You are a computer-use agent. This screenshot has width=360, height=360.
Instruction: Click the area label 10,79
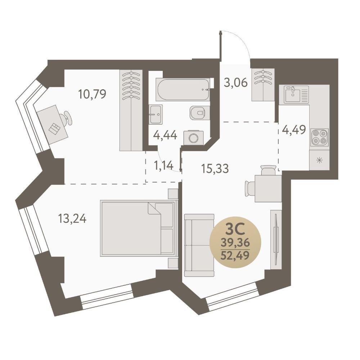[x=92, y=94]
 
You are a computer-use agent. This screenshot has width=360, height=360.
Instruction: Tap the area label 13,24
[x=72, y=219]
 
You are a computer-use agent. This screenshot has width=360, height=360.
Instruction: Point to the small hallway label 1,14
[x=163, y=165]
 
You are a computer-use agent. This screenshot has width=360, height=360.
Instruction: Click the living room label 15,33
[x=215, y=168]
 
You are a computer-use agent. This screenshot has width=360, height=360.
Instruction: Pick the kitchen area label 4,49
[x=294, y=130]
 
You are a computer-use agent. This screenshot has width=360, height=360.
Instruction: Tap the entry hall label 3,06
[x=236, y=82]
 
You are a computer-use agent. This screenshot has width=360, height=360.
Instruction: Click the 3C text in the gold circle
[x=235, y=230]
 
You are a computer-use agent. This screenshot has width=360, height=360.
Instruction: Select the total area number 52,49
[x=235, y=255]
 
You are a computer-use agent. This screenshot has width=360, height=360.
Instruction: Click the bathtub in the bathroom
[x=183, y=90]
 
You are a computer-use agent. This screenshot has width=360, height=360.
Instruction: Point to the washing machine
[x=194, y=138]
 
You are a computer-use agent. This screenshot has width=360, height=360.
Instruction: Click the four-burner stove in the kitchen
[x=319, y=137]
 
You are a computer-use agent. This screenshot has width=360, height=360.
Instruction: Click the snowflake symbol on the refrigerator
[x=319, y=160]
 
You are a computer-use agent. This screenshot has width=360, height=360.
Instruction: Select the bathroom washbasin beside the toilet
[x=156, y=114]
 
